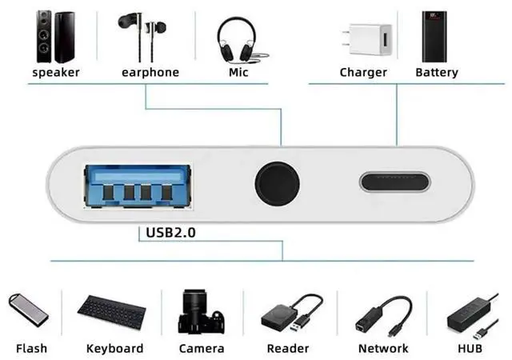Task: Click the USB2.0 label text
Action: tap(171, 234)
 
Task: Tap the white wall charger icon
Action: tap(362, 39)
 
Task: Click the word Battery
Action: tap(437, 73)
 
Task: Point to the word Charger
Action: tap(363, 73)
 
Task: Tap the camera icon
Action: tap(202, 312)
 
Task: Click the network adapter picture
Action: tap(382, 314)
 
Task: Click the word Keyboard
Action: tap(115, 349)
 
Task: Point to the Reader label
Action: tap(287, 349)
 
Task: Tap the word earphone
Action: tap(150, 73)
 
